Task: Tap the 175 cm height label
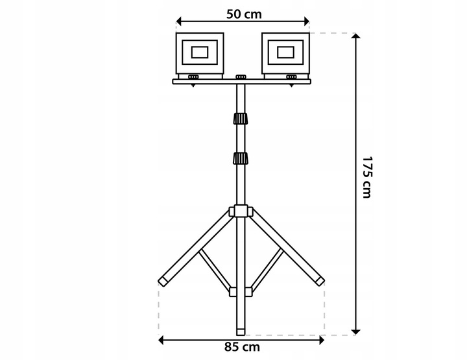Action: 367,177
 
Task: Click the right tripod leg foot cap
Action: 319,280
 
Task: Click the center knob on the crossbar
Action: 241,78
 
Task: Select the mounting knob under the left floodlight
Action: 194,78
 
